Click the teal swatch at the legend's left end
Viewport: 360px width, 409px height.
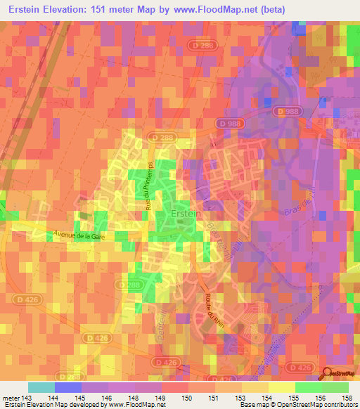coord(41,387)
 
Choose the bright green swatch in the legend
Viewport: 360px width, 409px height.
coord(308,387)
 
